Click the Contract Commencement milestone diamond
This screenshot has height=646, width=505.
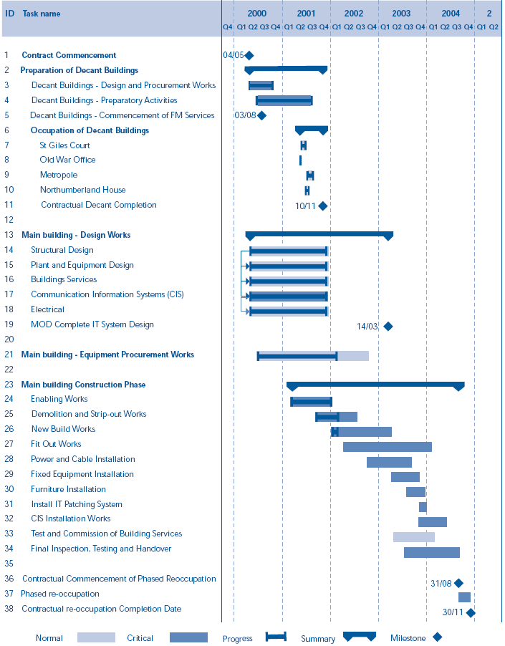click(249, 55)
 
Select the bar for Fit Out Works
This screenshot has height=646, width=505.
click(387, 447)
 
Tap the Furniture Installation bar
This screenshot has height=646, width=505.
click(415, 492)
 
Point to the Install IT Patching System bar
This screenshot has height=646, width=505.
click(423, 507)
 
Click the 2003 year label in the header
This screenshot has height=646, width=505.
click(401, 14)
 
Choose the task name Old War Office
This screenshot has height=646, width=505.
click(67, 160)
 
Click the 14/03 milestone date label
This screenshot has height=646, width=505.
click(367, 326)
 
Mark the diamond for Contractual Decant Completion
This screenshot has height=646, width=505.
click(322, 206)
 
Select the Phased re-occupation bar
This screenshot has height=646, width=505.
click(464, 597)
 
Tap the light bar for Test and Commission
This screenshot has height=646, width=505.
click(413, 537)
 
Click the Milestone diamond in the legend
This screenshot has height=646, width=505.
click(437, 637)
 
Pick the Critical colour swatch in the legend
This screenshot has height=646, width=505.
click(188, 637)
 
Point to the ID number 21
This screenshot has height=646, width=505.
click(9, 355)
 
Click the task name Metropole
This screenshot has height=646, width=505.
click(59, 175)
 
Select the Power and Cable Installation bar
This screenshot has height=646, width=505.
click(389, 462)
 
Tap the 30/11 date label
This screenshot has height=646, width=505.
click(453, 612)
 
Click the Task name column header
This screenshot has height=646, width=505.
click(42, 14)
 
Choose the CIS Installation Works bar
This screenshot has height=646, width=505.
click(432, 522)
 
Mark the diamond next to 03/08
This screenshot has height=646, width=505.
click(261, 115)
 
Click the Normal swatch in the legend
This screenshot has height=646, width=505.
click(96, 637)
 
